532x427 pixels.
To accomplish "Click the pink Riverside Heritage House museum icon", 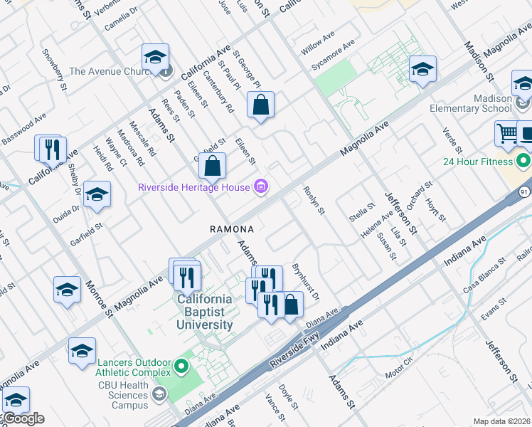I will [x=261, y=187].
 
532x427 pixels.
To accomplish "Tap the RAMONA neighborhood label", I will [x=231, y=229].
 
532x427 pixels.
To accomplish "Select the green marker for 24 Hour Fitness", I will [x=524, y=160].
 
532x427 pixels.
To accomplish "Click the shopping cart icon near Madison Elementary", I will [x=507, y=133].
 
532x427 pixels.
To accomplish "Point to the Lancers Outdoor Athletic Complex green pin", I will [x=181, y=367].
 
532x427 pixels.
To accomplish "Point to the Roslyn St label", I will [x=314, y=201].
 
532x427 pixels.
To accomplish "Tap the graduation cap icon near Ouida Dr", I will [x=96, y=194].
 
